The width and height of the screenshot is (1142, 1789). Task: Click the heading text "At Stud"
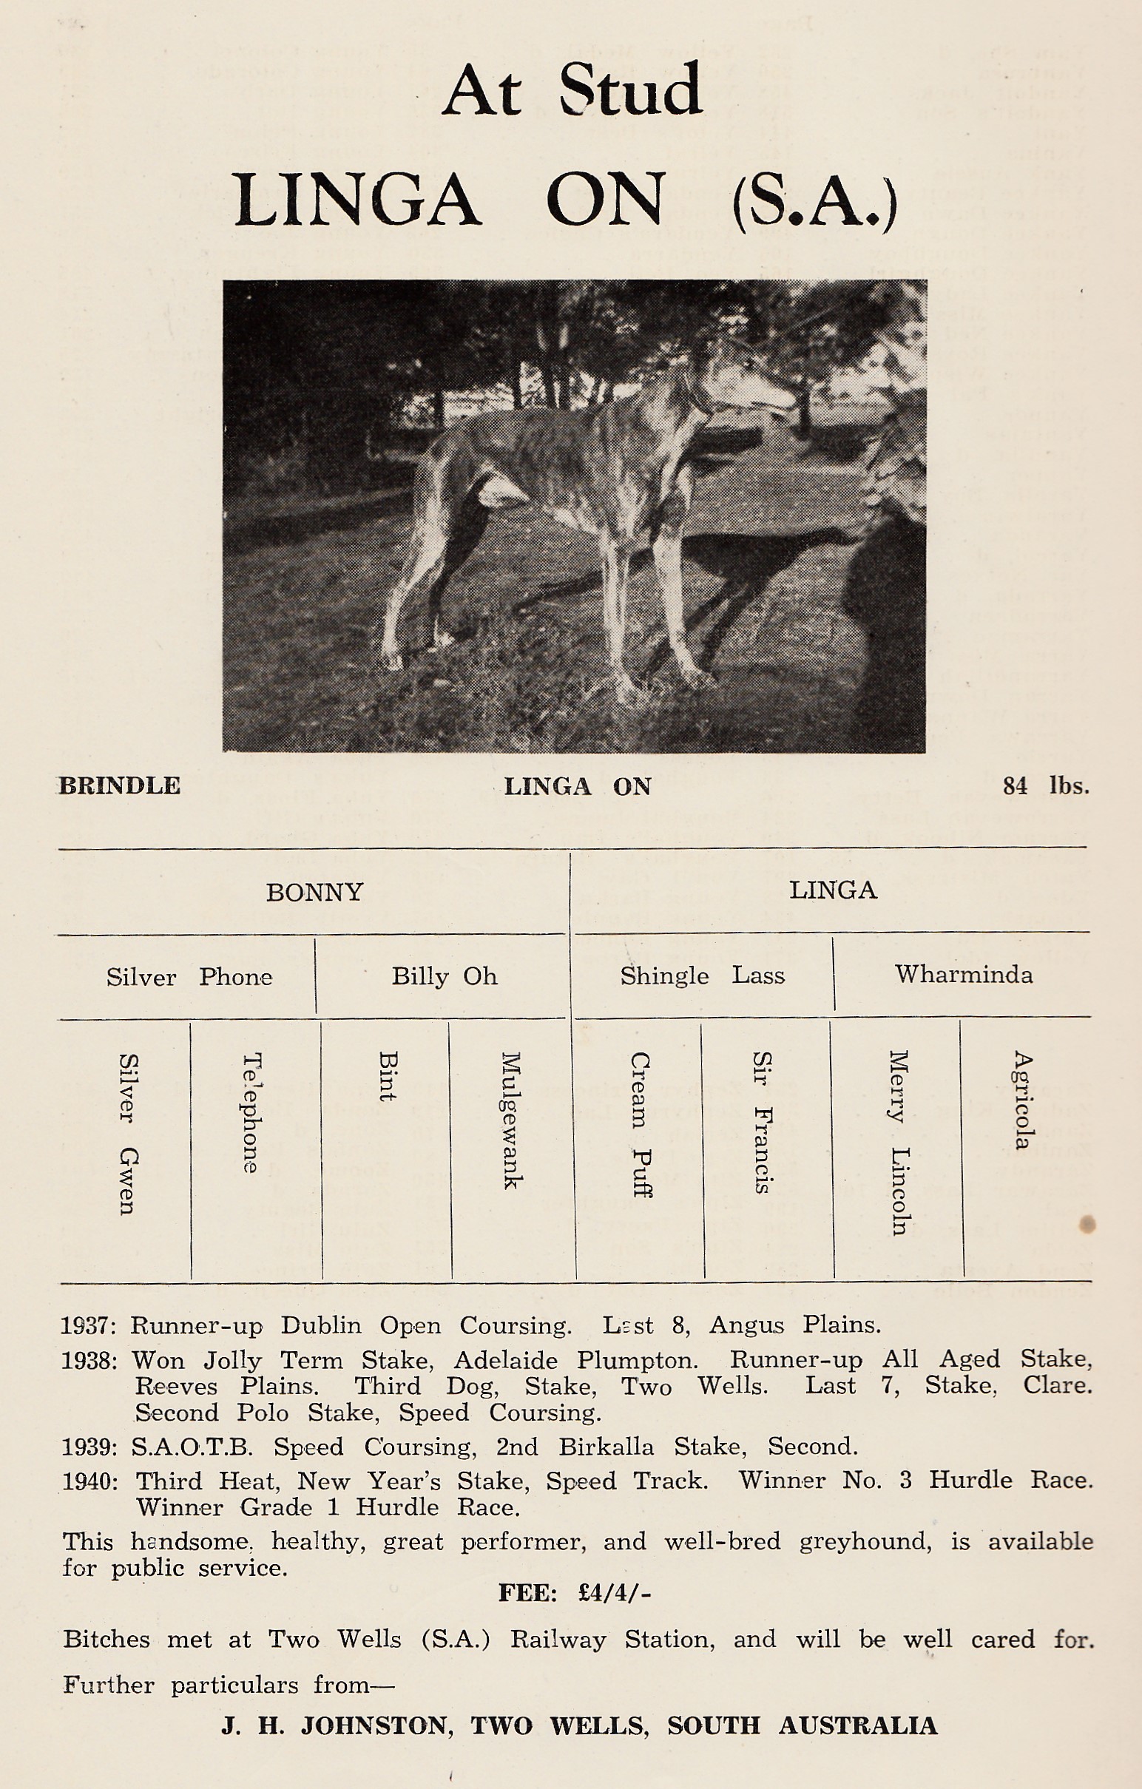572,90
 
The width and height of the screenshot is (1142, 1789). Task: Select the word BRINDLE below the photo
120,786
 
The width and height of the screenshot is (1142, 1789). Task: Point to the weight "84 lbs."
1045,786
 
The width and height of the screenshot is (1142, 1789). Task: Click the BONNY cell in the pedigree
314,891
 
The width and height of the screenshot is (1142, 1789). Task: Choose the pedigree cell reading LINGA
833,890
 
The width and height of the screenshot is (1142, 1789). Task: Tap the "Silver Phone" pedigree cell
189,976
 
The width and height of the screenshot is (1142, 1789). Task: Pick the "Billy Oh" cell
445,975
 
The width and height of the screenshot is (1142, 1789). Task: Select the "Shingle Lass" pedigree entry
702,975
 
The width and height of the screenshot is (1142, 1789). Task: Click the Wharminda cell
964,974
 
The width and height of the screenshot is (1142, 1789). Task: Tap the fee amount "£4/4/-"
614,1593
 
